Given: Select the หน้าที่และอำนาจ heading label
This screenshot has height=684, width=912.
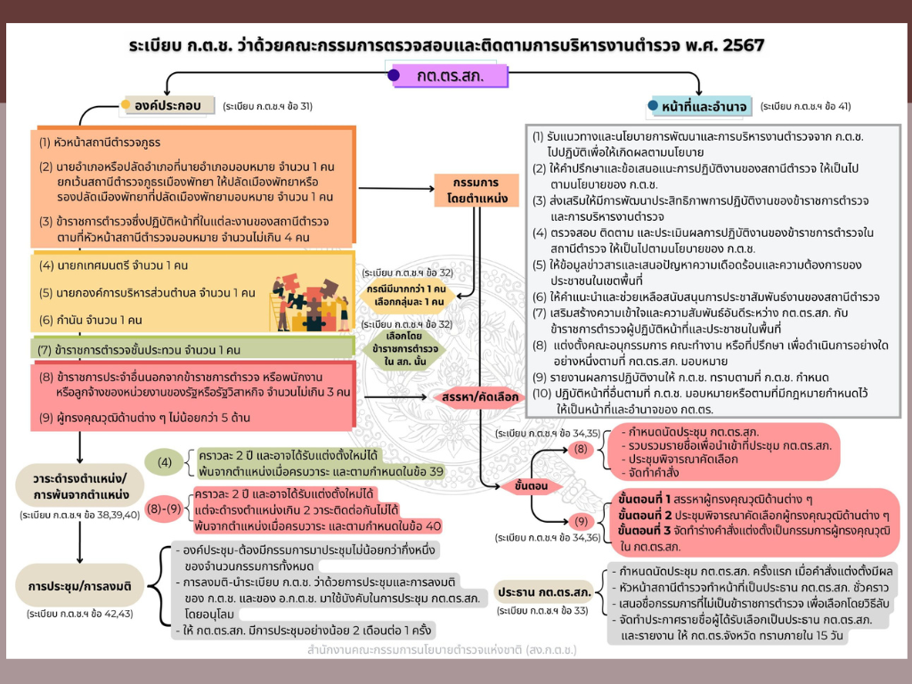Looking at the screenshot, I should point(704,107).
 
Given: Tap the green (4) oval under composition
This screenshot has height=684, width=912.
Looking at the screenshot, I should point(165,462).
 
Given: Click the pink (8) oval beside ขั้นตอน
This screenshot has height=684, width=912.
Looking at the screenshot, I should point(580,449).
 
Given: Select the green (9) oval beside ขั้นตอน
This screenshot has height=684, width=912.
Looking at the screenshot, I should point(580,520).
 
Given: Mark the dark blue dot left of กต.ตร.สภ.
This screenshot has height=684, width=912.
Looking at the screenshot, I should point(394,76).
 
